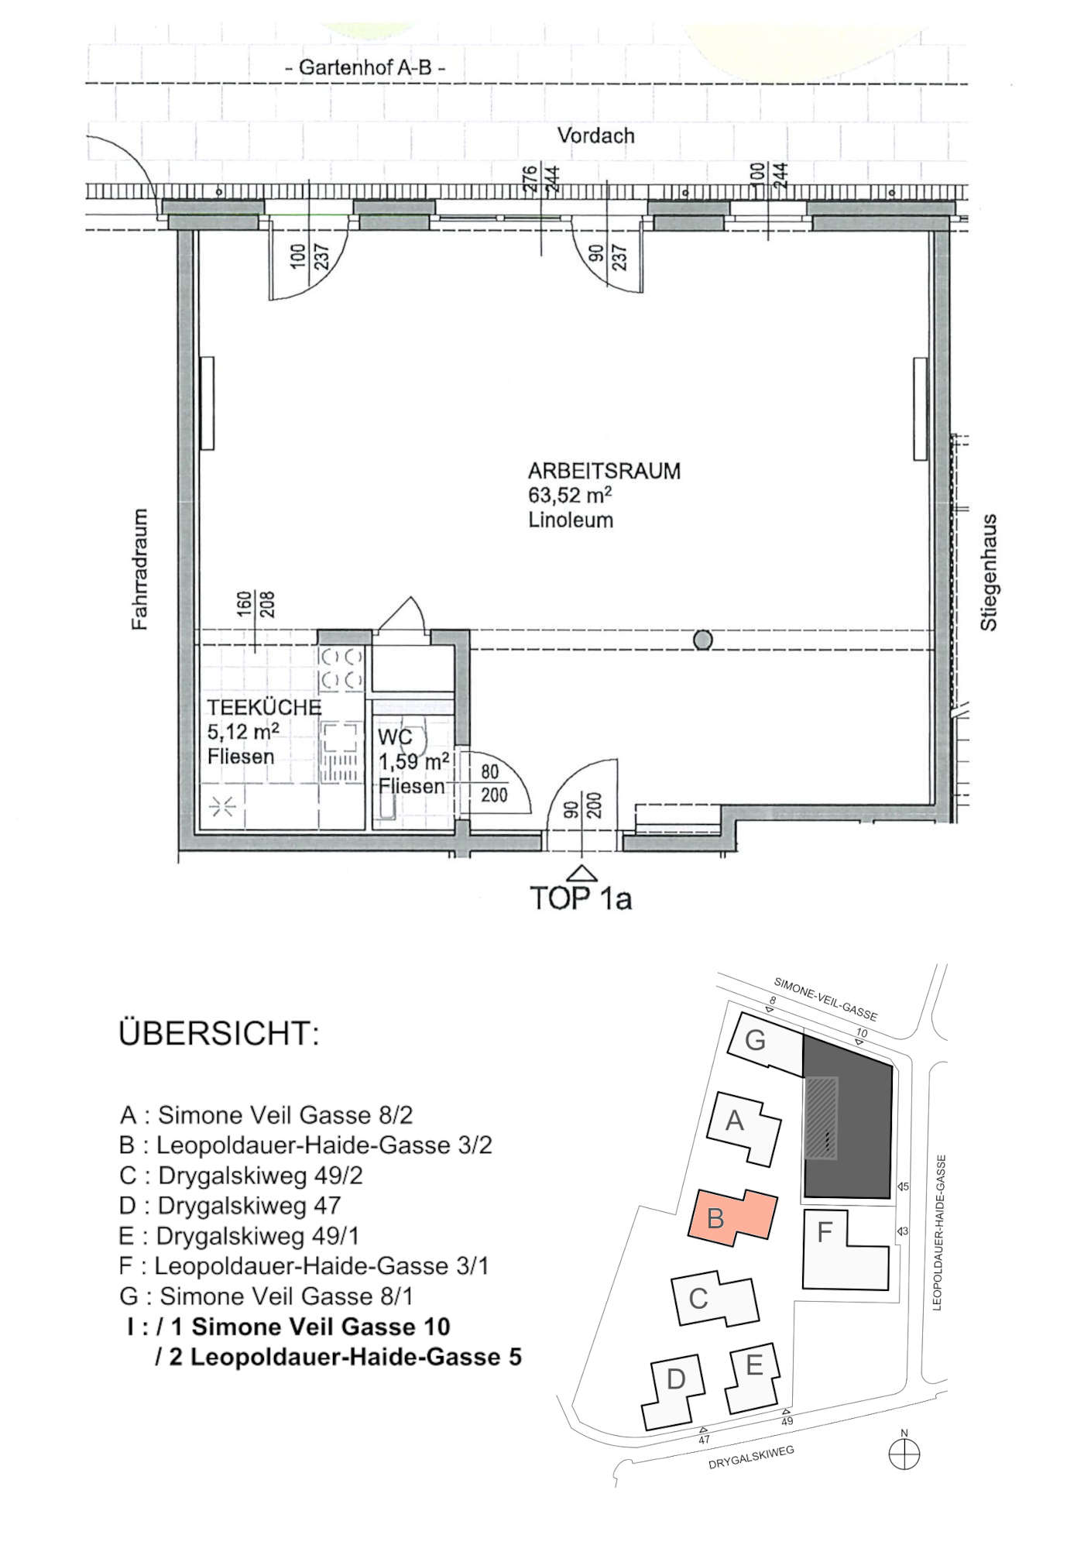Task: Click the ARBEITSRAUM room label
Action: [604, 471]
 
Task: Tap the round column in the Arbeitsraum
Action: [702, 640]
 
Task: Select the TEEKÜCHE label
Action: [263, 707]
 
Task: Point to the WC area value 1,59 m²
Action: [413, 761]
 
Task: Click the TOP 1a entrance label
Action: [581, 898]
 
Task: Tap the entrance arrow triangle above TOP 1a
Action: [581, 874]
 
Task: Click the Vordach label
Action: [595, 136]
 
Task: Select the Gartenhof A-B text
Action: [365, 67]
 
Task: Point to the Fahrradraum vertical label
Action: [139, 569]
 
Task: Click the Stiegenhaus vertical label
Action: [989, 572]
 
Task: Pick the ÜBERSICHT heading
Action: [218, 1035]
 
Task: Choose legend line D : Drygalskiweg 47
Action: [230, 1206]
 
